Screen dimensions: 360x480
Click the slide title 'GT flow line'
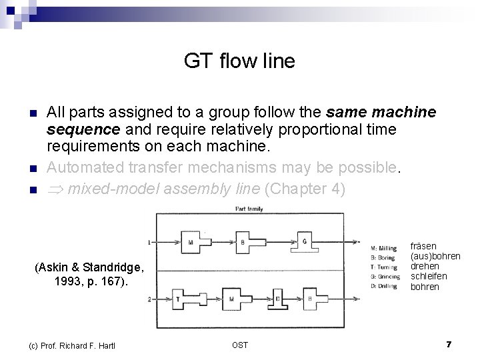tap(239, 62)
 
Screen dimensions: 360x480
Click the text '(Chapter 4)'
tap(305, 189)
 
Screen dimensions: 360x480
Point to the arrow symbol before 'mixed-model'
tap(55, 189)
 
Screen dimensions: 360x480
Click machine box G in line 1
tap(303, 239)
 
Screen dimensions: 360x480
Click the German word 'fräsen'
tap(423, 246)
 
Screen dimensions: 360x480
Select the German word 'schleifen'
tap(429, 276)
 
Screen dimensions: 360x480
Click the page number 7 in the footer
tap(449, 344)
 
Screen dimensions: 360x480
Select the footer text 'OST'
tap(239, 345)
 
